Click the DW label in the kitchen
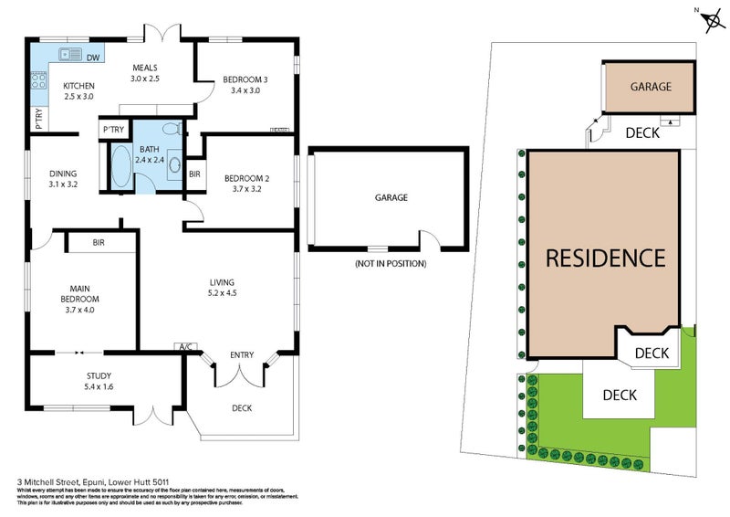[x=93, y=58]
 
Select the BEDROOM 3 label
[x=245, y=85]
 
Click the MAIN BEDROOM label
[x=80, y=299]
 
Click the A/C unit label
[x=185, y=347]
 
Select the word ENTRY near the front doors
[x=243, y=353]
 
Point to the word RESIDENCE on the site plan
[x=605, y=258]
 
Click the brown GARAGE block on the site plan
[x=651, y=87]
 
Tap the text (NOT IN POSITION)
[x=390, y=263]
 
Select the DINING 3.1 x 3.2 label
[x=64, y=178]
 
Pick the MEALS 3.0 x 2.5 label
[x=145, y=73]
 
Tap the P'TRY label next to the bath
[x=113, y=130]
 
